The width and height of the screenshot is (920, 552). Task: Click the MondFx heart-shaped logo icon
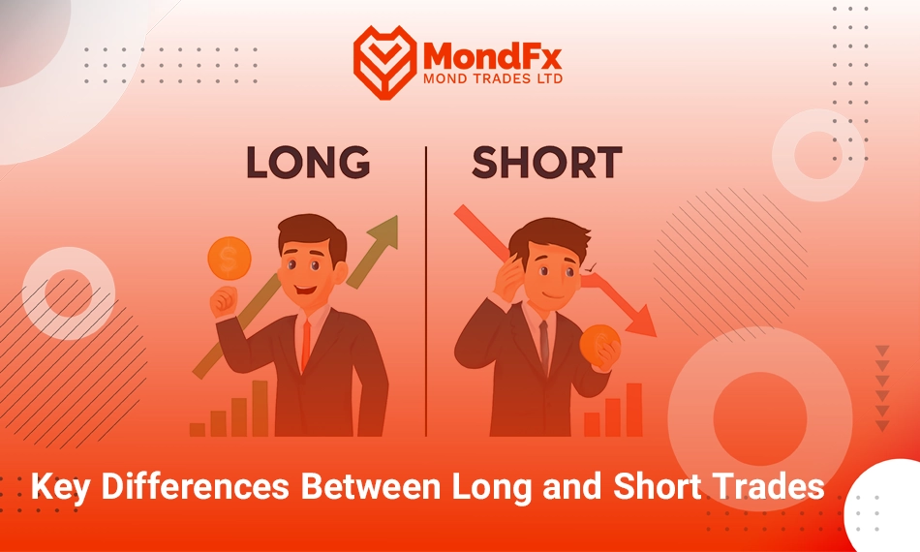pyautogui.click(x=384, y=62)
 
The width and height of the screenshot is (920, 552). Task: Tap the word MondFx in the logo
pyautogui.click(x=492, y=56)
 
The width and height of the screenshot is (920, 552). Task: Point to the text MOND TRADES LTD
pyautogui.click(x=493, y=78)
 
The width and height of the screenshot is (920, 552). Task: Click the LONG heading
pyautogui.click(x=308, y=162)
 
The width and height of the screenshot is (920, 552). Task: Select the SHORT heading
pyautogui.click(x=547, y=162)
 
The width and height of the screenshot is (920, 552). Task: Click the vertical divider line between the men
pyautogui.click(x=426, y=291)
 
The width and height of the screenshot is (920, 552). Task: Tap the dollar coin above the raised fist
pyautogui.click(x=230, y=259)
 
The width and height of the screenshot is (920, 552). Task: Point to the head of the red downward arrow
pyautogui.click(x=641, y=322)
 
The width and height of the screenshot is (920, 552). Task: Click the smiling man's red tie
pyautogui.click(x=306, y=346)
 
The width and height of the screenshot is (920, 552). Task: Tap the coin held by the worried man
pyautogui.click(x=599, y=345)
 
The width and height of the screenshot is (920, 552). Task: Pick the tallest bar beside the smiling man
pyautogui.click(x=260, y=409)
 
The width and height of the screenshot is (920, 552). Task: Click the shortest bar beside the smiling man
pyautogui.click(x=198, y=429)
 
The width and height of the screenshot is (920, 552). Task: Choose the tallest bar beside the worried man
pyautogui.click(x=634, y=410)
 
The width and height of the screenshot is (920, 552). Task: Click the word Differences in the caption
pyautogui.click(x=195, y=486)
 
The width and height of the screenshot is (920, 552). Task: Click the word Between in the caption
pyautogui.click(x=371, y=486)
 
